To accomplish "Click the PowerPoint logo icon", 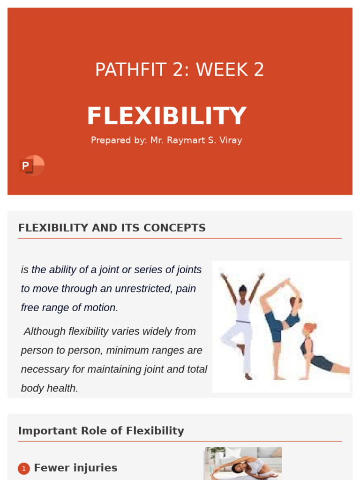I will [x=31, y=165].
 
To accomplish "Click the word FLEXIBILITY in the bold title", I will [x=166, y=116].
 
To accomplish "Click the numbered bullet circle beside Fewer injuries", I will [x=24, y=468].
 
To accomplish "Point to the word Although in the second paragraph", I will [x=45, y=331].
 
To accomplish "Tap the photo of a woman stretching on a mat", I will [x=243, y=463].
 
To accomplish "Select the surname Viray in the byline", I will [x=230, y=140].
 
